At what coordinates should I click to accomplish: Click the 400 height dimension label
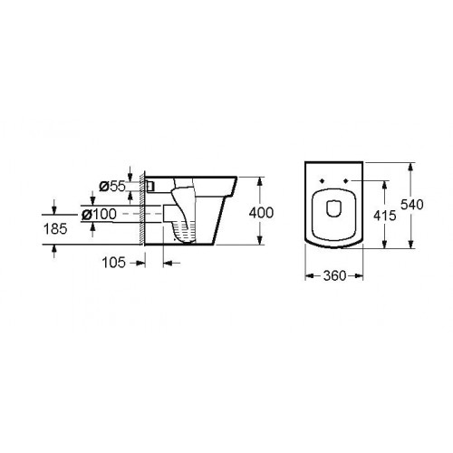261,213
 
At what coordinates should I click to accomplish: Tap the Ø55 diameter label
112,187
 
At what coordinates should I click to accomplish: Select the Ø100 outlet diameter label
99,214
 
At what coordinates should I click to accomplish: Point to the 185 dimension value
55,228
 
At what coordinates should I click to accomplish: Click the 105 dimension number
113,263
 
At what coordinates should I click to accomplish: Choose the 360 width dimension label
334,275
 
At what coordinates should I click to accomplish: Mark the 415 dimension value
385,216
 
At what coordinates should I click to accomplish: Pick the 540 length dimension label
412,205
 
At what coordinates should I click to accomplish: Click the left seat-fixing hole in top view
322,180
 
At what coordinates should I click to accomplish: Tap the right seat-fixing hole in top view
346,180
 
